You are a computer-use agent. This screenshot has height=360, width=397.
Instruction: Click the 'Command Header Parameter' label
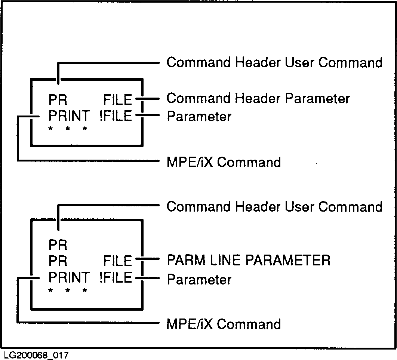(258, 99)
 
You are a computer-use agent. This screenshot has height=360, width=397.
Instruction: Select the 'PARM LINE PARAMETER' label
(249, 260)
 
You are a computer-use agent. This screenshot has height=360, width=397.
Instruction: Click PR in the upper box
(58, 100)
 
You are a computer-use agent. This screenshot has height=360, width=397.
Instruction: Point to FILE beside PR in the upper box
(118, 100)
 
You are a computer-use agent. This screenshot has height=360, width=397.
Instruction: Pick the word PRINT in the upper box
(69, 116)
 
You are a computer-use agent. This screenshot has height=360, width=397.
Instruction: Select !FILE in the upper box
(116, 116)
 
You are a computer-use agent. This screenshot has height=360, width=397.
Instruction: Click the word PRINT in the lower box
(69, 278)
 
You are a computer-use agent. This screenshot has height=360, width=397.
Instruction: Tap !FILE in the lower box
(116, 278)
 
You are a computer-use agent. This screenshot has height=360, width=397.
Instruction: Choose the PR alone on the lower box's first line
(58, 245)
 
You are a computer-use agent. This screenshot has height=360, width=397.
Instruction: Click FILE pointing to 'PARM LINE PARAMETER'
(118, 261)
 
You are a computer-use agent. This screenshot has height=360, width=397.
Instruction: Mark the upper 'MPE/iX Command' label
(224, 162)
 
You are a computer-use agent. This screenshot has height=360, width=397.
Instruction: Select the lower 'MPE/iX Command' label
(224, 324)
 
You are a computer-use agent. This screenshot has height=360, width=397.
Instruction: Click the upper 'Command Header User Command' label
(274, 62)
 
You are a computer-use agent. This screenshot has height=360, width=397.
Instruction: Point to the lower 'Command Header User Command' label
(274, 207)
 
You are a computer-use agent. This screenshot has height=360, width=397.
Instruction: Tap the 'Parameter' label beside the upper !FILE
(199, 117)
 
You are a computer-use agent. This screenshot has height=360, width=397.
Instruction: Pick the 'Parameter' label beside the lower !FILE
(199, 279)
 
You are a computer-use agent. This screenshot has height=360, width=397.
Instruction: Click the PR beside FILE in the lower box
(58, 261)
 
